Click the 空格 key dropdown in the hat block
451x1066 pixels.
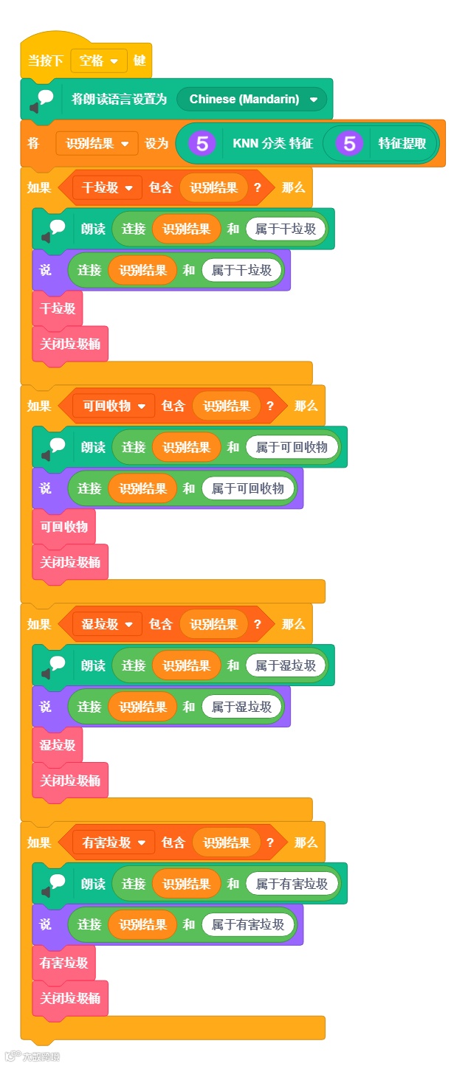pos(99,60)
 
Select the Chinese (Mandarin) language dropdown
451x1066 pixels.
pos(252,99)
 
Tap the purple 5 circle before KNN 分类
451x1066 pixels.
pos(202,143)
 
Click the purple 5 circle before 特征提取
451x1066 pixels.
pos(350,143)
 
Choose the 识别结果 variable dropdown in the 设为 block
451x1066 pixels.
pos(97,144)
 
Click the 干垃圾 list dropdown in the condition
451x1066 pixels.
pos(107,187)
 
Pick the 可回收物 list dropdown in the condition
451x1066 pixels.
pos(114,406)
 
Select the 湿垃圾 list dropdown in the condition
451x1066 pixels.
pos(107,624)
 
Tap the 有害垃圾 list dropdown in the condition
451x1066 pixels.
pos(114,842)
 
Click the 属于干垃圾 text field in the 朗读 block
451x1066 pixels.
pos(286,229)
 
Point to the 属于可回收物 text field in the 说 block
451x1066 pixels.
pos(248,488)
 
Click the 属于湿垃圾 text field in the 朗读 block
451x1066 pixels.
pos(286,665)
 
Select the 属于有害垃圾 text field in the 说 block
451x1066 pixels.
pos(248,924)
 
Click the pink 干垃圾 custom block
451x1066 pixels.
pos(58,308)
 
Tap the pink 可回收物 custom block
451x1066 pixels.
pos(63,527)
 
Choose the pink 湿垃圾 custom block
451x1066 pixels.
pos(58,745)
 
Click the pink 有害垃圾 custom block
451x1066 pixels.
pos(63,963)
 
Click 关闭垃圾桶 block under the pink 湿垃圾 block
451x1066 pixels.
pos(70,781)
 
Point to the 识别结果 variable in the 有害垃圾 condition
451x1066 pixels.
pos(227,842)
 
